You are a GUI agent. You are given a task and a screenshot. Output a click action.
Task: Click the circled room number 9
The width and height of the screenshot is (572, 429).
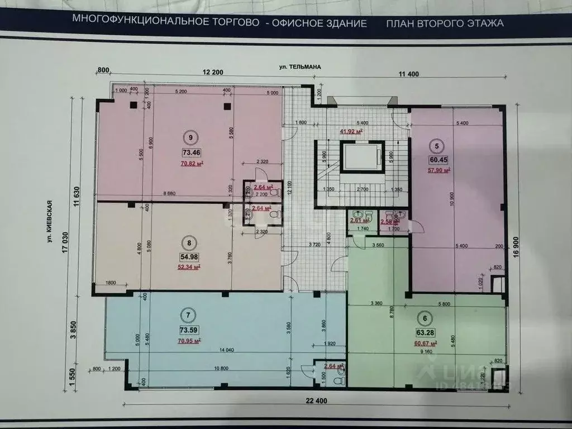tap(190, 137)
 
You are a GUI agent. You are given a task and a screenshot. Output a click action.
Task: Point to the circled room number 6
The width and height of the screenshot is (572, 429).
tap(425, 319)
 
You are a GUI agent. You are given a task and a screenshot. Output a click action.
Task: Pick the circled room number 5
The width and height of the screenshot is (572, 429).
tap(436, 146)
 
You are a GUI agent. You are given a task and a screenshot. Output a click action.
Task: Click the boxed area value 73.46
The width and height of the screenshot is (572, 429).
tap(191, 152)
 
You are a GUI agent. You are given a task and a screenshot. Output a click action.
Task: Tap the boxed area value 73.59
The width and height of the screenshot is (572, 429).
tap(189, 329)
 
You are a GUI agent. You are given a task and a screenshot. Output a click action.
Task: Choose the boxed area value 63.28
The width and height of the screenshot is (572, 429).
tap(425, 334)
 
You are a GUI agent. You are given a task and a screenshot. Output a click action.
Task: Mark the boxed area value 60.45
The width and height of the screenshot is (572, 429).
tap(437, 160)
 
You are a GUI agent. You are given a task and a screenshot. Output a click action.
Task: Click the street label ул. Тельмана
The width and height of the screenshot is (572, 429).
tap(301, 67)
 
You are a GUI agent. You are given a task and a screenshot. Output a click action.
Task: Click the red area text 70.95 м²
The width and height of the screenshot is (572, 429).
tap(189, 340)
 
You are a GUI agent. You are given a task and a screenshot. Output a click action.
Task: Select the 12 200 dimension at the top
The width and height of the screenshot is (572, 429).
tap(213, 72)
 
